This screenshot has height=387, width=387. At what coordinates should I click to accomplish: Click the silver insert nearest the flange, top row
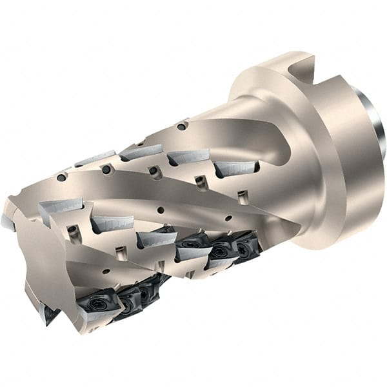(235, 168)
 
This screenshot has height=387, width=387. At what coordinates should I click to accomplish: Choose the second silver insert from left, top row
(141, 152)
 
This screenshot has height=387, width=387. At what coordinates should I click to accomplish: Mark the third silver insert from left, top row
(188, 156)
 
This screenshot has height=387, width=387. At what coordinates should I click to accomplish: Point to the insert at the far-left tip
(8, 223)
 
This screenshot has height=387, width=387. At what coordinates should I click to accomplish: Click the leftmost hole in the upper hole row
(61, 177)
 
